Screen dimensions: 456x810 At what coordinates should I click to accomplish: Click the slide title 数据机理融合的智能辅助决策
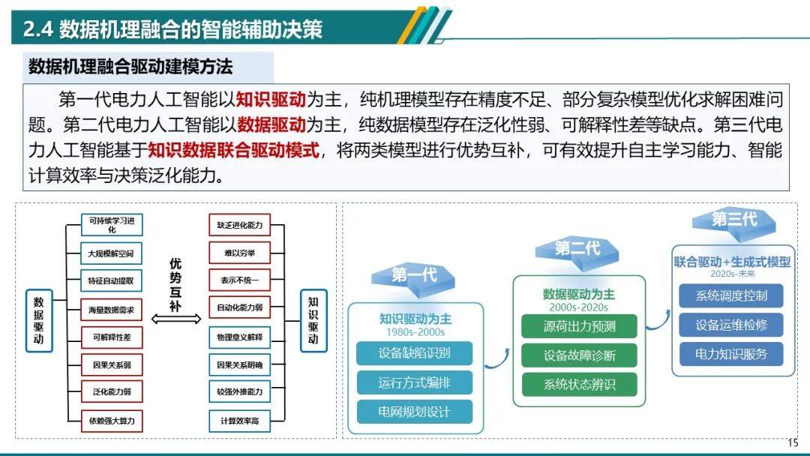[173, 28]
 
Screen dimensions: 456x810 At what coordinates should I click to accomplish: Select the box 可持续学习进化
[112, 224]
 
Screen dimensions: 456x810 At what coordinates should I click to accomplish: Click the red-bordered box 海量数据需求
[112, 309]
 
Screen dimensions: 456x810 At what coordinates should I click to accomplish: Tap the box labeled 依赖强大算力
[112, 421]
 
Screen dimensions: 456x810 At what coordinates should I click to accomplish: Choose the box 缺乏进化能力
[239, 225]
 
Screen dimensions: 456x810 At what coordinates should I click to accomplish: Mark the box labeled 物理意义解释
[239, 337]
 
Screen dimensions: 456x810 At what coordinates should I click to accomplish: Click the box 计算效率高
[239, 421]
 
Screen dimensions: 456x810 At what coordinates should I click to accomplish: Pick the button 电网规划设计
[414, 412]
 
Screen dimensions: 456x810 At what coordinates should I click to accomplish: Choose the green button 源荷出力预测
[579, 326]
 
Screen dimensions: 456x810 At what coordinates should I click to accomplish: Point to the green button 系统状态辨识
[579, 385]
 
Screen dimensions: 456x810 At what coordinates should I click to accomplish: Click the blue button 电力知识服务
[730, 354]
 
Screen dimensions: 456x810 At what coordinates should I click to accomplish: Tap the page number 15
[793, 442]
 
